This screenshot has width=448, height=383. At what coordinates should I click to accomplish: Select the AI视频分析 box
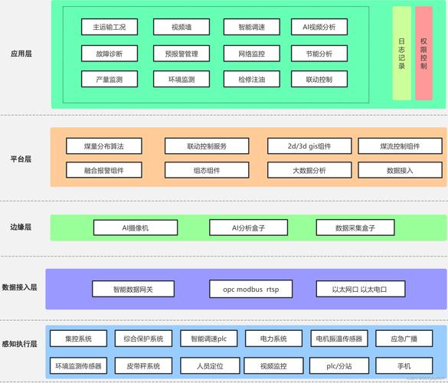(313, 27)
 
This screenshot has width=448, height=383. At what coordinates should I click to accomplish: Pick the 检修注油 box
(246, 79)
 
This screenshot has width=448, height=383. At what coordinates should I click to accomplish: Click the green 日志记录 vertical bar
(402, 54)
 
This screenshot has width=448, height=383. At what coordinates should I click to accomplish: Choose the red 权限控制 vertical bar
(424, 54)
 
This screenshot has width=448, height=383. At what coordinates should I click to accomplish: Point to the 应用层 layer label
(21, 54)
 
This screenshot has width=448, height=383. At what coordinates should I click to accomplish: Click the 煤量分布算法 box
(104, 146)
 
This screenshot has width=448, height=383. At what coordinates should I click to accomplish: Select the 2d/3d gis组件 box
(309, 146)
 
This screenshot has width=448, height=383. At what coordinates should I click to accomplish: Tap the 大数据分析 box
(309, 170)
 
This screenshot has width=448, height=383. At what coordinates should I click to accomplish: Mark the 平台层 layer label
(21, 159)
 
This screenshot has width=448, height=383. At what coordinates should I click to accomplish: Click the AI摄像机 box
(136, 228)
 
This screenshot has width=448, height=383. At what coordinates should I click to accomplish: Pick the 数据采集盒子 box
(355, 228)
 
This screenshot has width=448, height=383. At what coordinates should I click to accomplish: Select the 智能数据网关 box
(133, 289)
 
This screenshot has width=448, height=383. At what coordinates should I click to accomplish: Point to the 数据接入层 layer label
(20, 286)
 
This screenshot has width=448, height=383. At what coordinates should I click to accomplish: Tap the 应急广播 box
(404, 339)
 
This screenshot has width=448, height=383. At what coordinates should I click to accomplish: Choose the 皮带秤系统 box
(143, 365)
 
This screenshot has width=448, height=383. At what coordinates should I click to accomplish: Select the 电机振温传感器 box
(338, 339)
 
